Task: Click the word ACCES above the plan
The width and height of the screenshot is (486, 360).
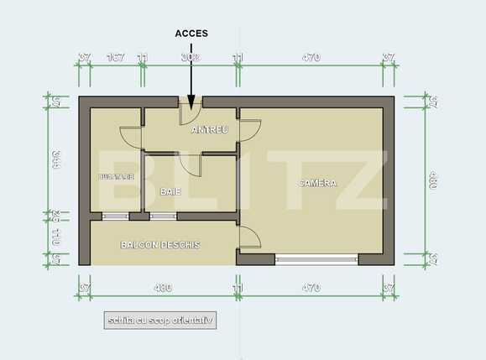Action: [x=191, y=34]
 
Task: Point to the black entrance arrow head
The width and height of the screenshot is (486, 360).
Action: [x=191, y=106]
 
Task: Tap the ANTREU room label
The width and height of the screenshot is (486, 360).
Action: [x=210, y=130]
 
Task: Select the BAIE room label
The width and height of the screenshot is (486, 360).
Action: [x=170, y=191]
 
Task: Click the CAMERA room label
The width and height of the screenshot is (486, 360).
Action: [x=318, y=183]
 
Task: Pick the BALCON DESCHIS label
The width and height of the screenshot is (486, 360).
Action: [x=160, y=245]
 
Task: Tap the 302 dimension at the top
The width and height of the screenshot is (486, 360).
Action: [x=191, y=58]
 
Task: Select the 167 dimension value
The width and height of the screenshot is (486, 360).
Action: [x=117, y=58]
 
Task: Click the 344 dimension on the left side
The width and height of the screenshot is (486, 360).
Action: [x=55, y=159]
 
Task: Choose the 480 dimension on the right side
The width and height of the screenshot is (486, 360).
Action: [x=432, y=180]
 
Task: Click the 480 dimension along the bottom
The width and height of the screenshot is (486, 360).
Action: [x=163, y=288]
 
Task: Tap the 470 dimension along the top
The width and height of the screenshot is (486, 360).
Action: [x=311, y=58]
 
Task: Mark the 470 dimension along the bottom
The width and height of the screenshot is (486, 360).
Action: [x=311, y=288]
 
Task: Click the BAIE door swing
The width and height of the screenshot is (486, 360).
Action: [x=190, y=164]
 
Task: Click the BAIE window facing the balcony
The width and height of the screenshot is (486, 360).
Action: [x=161, y=217]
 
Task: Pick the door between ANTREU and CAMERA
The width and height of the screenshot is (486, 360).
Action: [x=248, y=130]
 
